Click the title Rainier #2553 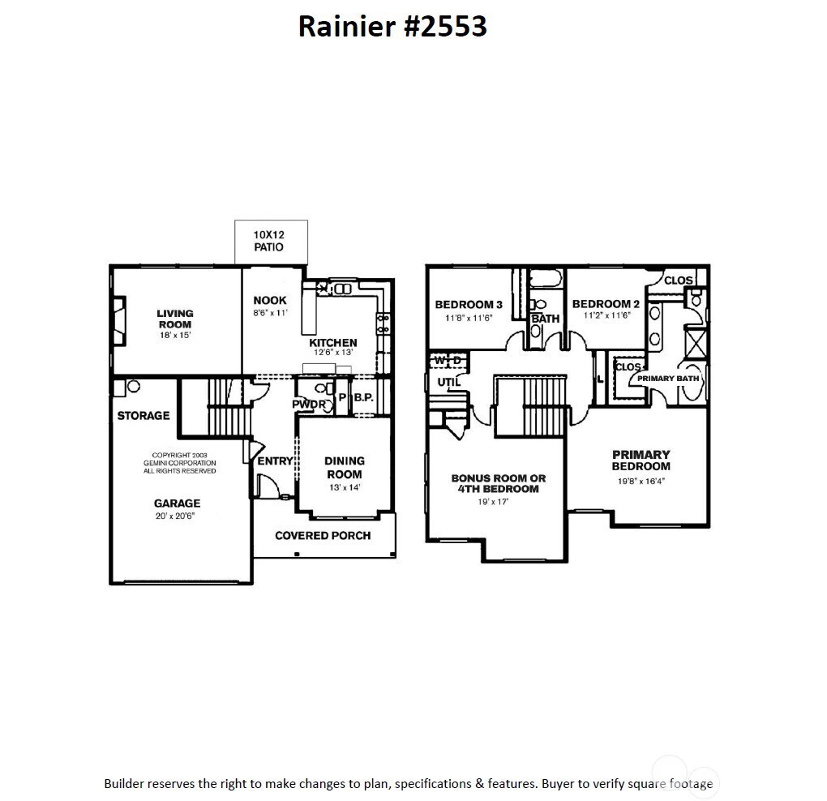[392, 26]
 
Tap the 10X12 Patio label [269, 241]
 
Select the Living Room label [175, 319]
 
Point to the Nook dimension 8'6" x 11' [269, 312]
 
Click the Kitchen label [333, 343]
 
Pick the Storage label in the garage [144, 416]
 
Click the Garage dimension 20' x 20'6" [177, 516]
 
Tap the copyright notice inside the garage [179, 463]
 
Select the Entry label [275, 461]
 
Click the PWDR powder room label [309, 404]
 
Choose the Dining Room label [345, 468]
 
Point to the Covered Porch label [323, 535]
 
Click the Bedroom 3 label [469, 305]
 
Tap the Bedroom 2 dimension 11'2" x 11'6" [606, 316]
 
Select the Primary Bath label [667, 379]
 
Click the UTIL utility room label [448, 382]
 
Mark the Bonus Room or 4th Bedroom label [499, 483]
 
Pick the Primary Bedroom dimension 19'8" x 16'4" [641, 481]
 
